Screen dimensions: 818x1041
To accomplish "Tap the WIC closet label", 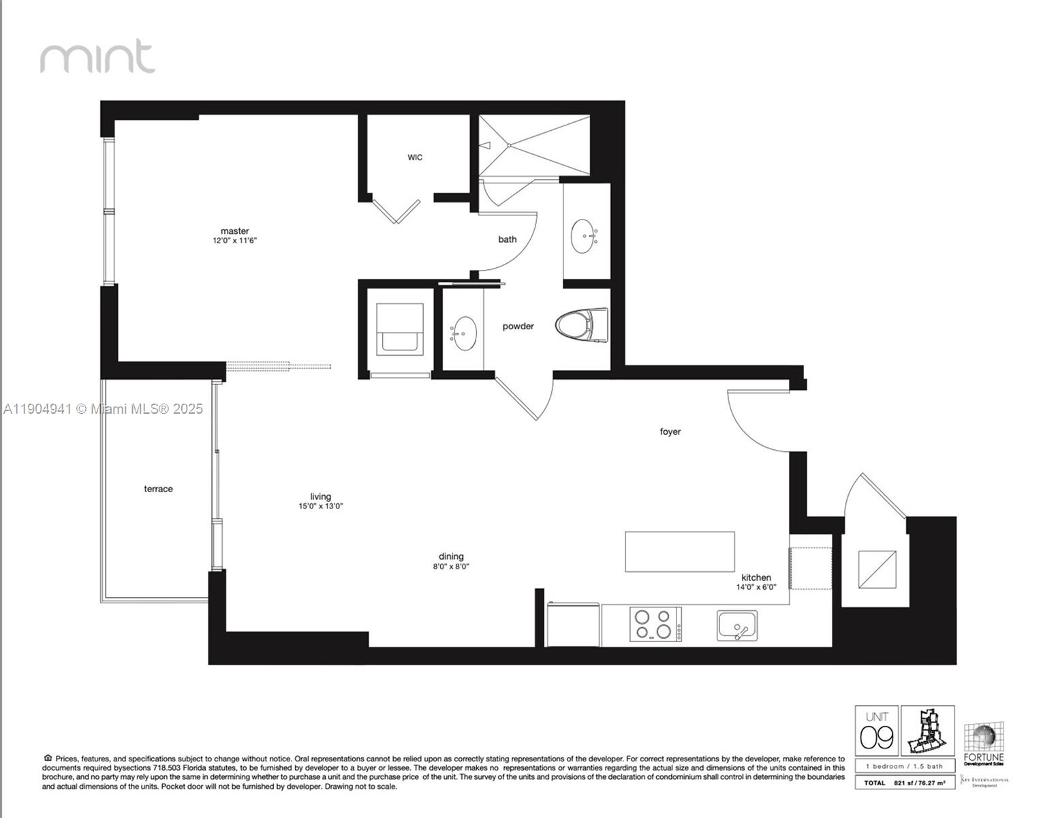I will tap(415, 157).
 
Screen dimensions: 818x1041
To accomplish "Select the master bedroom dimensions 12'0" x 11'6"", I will tap(234, 241).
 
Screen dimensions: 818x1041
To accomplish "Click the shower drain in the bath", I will tap(509, 145).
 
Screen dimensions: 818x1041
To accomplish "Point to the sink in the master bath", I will tap(582, 236).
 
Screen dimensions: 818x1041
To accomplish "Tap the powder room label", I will tap(518, 327).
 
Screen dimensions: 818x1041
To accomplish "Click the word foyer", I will tap(670, 431).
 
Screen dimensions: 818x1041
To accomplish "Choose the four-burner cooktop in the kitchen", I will tap(655, 624).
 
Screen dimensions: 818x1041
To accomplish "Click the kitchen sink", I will tap(736, 626).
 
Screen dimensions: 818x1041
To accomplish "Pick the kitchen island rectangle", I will tap(679, 551).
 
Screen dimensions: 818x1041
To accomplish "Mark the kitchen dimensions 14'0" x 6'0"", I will tap(756, 587).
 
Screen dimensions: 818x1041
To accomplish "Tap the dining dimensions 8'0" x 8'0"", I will tap(451, 566).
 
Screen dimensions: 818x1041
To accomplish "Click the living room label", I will tap(320, 496).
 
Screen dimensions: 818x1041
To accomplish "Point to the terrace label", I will tap(158, 489).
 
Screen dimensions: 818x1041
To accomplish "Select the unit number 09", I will tap(876, 737).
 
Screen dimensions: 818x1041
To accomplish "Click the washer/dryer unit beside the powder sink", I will tap(400, 328).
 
